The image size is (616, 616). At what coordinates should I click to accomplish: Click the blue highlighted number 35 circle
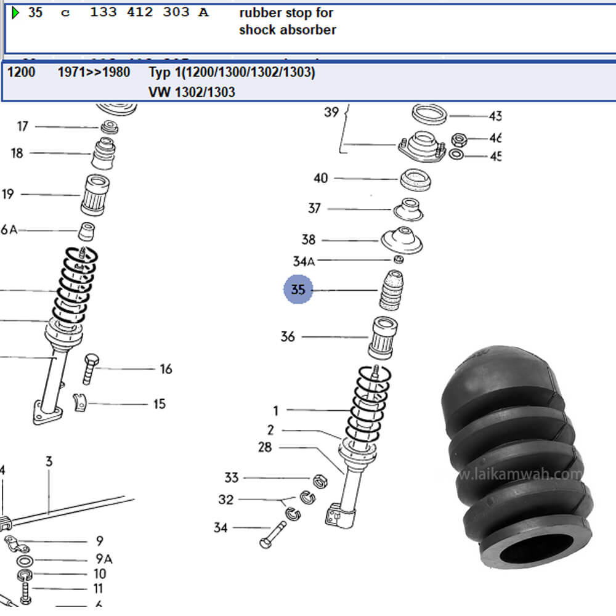(x=298, y=290)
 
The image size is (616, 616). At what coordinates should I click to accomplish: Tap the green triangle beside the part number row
(x=16, y=12)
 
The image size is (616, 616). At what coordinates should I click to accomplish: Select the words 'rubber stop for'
(x=286, y=13)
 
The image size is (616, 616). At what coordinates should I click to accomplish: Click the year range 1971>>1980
(x=94, y=73)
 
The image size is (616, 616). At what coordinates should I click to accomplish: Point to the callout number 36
(x=288, y=336)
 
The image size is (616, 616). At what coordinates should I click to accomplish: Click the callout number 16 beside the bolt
(x=166, y=369)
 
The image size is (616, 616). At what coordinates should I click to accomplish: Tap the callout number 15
(x=160, y=404)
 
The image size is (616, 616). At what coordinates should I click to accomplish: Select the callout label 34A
(x=303, y=261)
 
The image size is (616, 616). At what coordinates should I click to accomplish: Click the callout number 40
(x=320, y=179)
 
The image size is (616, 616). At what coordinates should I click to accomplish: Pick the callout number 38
(x=309, y=240)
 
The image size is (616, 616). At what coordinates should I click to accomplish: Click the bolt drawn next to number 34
(x=274, y=533)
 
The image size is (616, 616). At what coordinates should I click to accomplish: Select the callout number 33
(x=231, y=477)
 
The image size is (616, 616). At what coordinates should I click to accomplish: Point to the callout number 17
(x=23, y=126)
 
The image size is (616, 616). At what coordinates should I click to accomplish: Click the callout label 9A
(x=104, y=559)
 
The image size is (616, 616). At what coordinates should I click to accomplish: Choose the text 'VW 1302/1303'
(x=192, y=92)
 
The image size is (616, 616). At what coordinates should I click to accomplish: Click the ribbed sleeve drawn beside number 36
(x=383, y=337)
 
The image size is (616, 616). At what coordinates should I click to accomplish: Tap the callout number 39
(x=331, y=112)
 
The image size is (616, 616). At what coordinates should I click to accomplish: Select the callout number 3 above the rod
(x=49, y=461)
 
